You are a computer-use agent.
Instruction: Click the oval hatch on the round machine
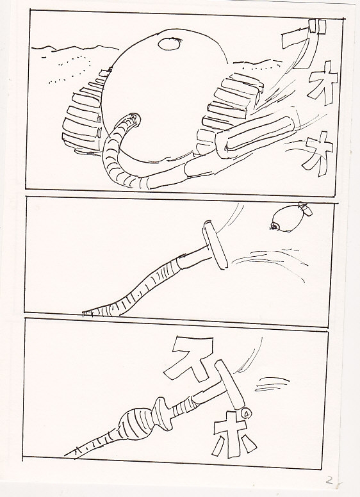pyautogui.click(x=170, y=44)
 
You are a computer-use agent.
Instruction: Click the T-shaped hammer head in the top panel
pyautogui.click(x=257, y=133)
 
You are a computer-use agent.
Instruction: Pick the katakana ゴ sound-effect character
pyautogui.click(x=304, y=43)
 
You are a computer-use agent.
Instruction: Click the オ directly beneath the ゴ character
pyautogui.click(x=322, y=83)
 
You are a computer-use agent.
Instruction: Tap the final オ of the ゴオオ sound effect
pyautogui.click(x=318, y=153)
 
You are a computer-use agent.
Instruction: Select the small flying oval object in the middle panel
pyautogui.click(x=291, y=218)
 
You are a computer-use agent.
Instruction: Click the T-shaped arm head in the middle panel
pyautogui.click(x=215, y=245)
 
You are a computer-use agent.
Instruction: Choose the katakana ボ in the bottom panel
pyautogui.click(x=234, y=435)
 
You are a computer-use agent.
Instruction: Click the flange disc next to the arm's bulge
pyautogui.click(x=163, y=413)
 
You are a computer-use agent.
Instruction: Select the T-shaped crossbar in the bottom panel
pyautogui.click(x=229, y=384)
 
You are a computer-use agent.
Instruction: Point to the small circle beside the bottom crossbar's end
pyautogui.click(x=246, y=412)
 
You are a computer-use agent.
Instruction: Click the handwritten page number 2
pyautogui.click(x=329, y=481)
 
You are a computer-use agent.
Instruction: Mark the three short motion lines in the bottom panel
pyautogui.click(x=272, y=384)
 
